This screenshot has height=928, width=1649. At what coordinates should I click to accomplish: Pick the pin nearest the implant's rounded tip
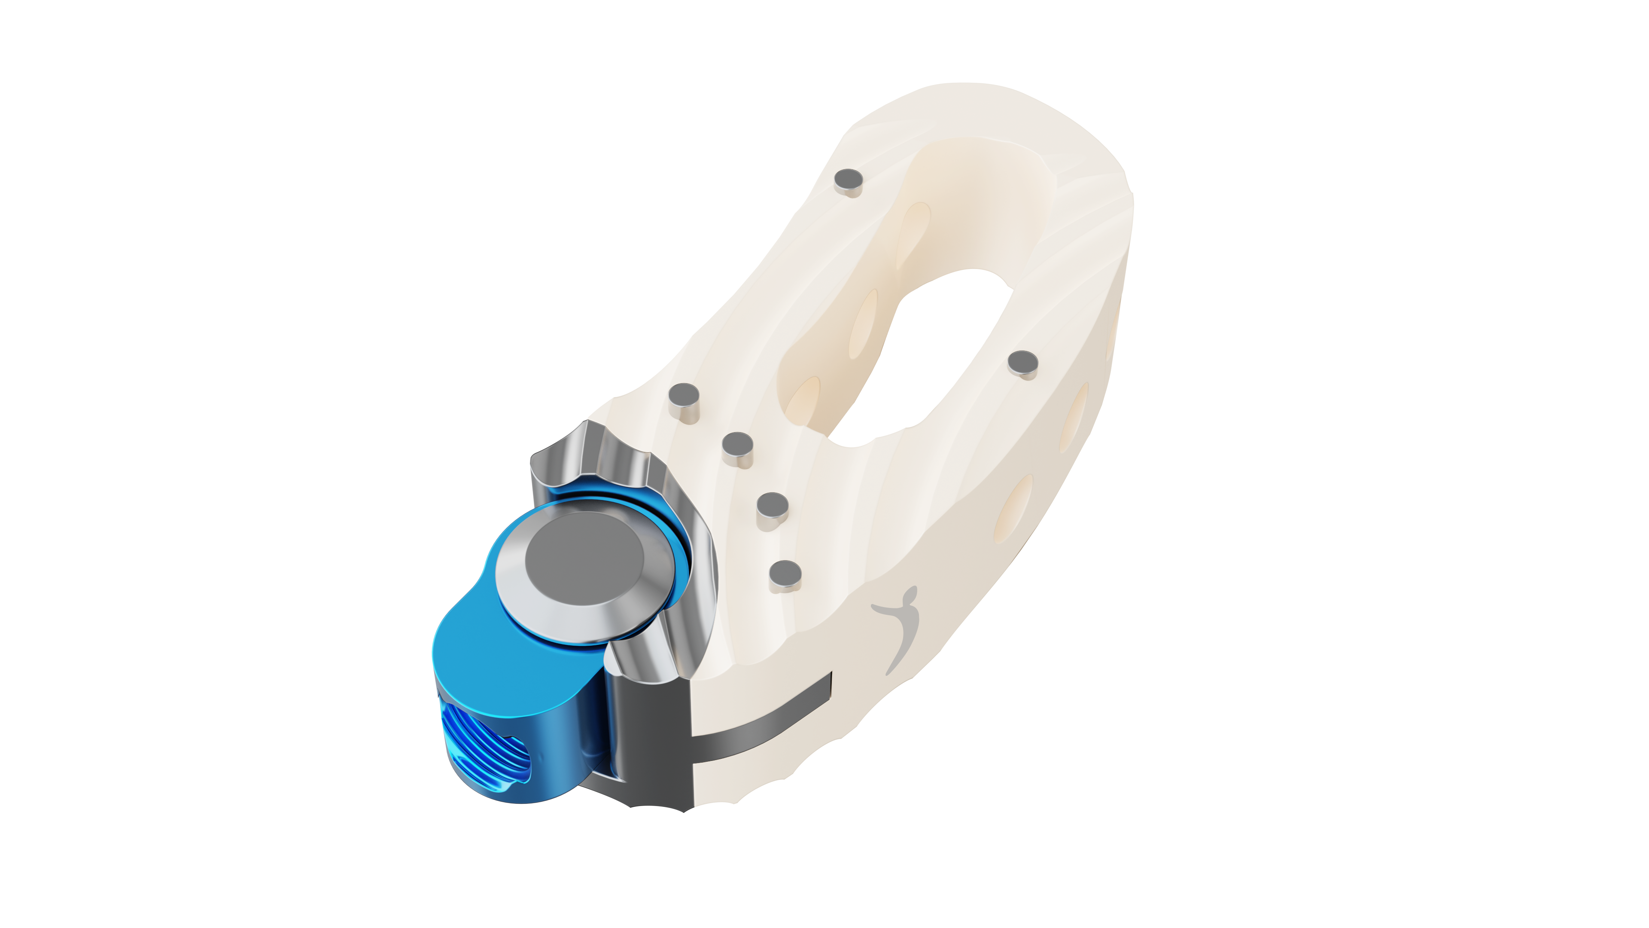851,181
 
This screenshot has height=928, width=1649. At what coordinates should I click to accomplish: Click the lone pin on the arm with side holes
1023,364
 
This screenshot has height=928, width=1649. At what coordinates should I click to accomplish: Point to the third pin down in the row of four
773,508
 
